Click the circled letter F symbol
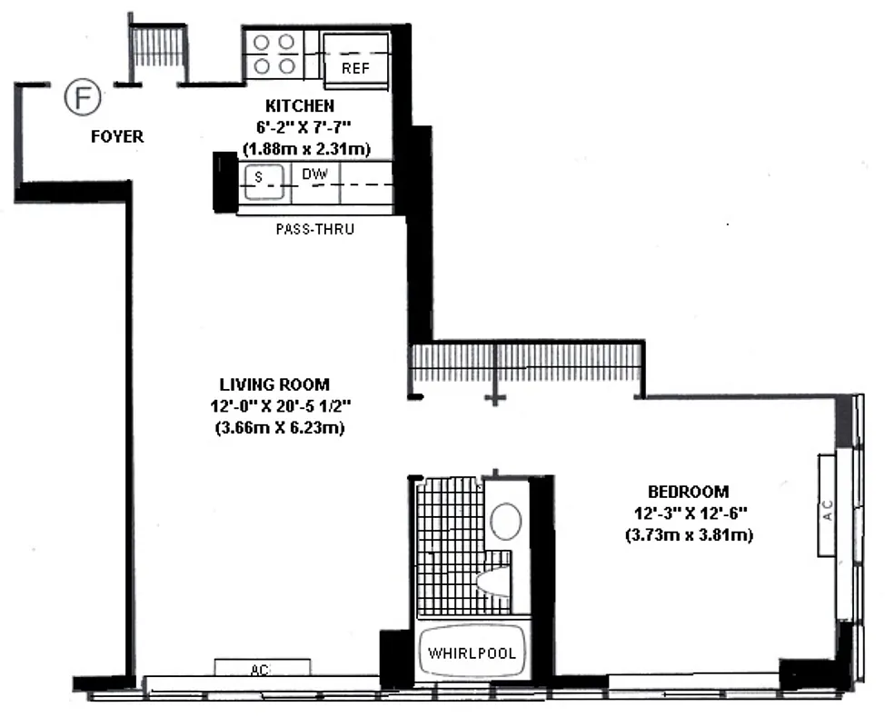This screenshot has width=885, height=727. tap(82, 96)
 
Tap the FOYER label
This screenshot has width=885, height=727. tap(116, 137)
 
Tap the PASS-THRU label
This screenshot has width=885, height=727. tap(314, 230)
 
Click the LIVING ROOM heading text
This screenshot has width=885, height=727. tap(274, 384)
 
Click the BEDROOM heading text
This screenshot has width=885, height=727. tap(689, 492)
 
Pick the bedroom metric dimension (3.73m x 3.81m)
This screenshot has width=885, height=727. tap(689, 535)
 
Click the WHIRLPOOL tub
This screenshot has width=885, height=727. tap(472, 653)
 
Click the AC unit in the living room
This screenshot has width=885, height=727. tap(262, 668)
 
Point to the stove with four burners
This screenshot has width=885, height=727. tap(273, 54)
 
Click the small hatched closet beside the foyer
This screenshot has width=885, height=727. tap(158, 45)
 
